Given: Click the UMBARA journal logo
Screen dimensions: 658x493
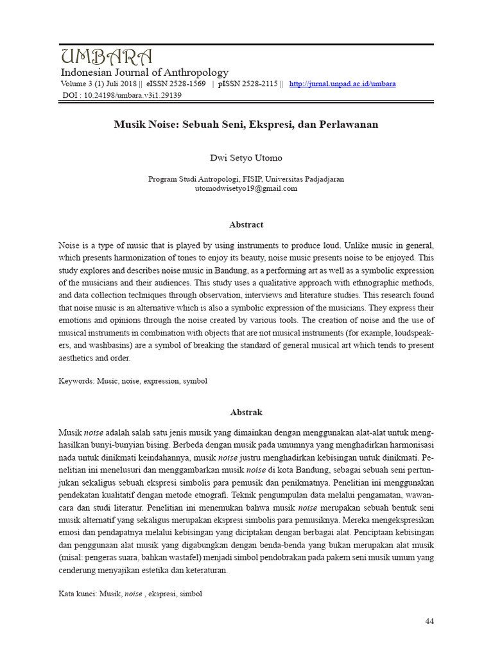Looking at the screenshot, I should click(107, 56).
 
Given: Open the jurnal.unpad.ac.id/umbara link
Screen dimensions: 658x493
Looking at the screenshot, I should click(342, 84).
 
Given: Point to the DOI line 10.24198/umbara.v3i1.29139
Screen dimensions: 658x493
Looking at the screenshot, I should click(122, 95).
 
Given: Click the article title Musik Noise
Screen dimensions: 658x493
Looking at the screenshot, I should click(246, 124).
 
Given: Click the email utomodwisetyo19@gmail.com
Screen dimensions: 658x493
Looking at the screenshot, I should click(246, 189).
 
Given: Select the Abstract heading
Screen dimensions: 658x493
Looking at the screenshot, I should click(246, 225).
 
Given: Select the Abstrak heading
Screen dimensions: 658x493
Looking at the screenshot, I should click(246, 412).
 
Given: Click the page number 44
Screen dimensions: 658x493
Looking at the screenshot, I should click(429, 621).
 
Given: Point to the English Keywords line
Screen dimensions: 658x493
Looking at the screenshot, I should click(133, 380).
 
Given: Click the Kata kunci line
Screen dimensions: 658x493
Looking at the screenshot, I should click(130, 594).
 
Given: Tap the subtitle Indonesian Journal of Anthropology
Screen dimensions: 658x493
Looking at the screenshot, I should click(144, 73).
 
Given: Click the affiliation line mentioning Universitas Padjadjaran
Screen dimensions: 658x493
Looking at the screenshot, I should click(246, 179).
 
